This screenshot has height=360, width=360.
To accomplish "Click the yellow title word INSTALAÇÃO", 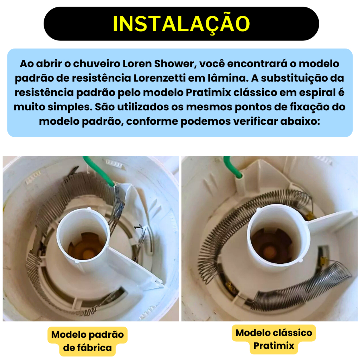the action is coord(181,24).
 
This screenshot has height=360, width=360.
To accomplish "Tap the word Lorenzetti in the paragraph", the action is coord(159,78).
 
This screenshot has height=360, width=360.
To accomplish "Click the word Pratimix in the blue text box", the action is coord(208,92).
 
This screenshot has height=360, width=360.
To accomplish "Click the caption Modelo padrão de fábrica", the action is coord(88,341).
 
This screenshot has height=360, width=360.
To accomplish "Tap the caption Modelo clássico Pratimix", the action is coord(274,339).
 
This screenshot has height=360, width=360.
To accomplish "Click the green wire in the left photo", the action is coord(98,170).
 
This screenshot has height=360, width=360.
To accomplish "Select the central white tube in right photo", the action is coord(278,234).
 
